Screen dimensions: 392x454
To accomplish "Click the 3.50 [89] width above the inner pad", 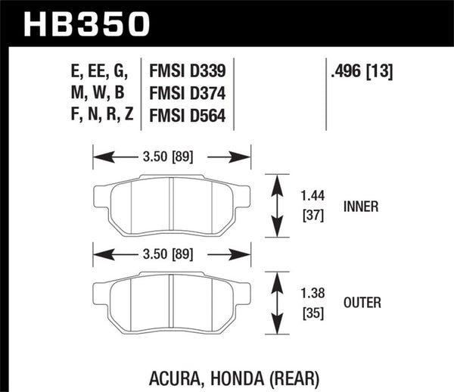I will tap(172, 157).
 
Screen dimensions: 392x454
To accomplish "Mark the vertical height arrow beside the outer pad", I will tap(277, 302).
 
